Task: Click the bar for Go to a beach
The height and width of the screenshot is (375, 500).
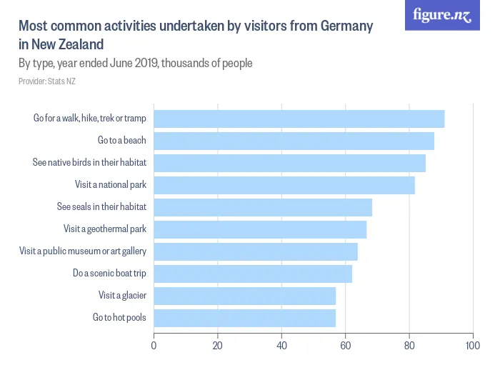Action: tap(294, 141)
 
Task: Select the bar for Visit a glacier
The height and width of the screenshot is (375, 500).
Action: tap(244, 296)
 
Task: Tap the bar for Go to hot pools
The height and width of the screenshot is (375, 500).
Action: tap(244, 318)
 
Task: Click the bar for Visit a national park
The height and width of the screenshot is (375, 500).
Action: tap(284, 185)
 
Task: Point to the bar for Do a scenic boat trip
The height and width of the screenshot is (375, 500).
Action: tap(253, 274)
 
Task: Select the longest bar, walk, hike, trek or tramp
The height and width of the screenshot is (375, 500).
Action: tap(299, 119)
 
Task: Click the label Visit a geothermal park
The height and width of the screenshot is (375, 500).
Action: tap(105, 229)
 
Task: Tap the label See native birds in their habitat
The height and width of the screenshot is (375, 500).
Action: tap(89, 163)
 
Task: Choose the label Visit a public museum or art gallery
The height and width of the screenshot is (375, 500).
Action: tap(83, 251)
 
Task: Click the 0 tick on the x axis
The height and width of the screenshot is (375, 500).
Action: tap(154, 346)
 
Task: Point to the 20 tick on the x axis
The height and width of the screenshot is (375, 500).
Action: tap(218, 346)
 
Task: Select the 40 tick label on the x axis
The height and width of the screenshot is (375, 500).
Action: tap(281, 346)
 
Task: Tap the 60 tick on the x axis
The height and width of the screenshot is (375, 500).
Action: tap(345, 346)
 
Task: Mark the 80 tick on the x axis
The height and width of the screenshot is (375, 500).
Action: tap(409, 346)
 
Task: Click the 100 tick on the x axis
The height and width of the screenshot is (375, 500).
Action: tap(471, 346)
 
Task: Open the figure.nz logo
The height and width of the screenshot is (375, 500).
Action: tap(442, 15)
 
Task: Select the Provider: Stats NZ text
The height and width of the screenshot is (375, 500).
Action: tap(47, 81)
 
